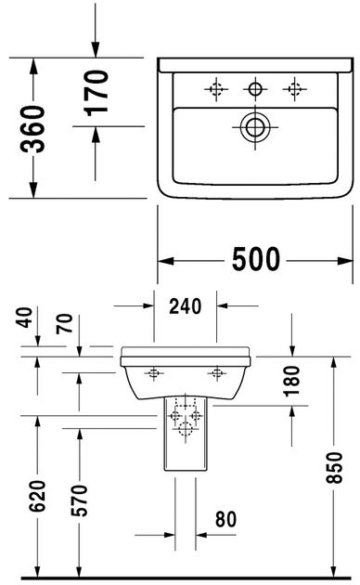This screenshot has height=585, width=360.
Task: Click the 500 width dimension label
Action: pyautogui.click(x=256, y=259)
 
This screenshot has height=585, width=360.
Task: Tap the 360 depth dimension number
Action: pyautogui.click(x=32, y=129)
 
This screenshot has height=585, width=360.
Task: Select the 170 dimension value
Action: pyautogui.click(x=96, y=93)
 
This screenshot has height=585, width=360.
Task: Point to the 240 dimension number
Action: pyautogui.click(x=186, y=305)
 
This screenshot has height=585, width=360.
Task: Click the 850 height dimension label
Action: pyautogui.click(x=333, y=467)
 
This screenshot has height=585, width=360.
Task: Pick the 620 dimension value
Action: pyautogui.click(x=38, y=496)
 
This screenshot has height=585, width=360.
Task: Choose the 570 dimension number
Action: pyautogui.click(x=79, y=500)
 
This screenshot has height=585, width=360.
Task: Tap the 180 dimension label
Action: pyautogui.click(x=291, y=381)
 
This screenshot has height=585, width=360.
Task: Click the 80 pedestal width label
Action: pyautogui.click(x=225, y=519)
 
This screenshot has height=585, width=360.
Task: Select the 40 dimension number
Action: pyautogui.click(x=25, y=318)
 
